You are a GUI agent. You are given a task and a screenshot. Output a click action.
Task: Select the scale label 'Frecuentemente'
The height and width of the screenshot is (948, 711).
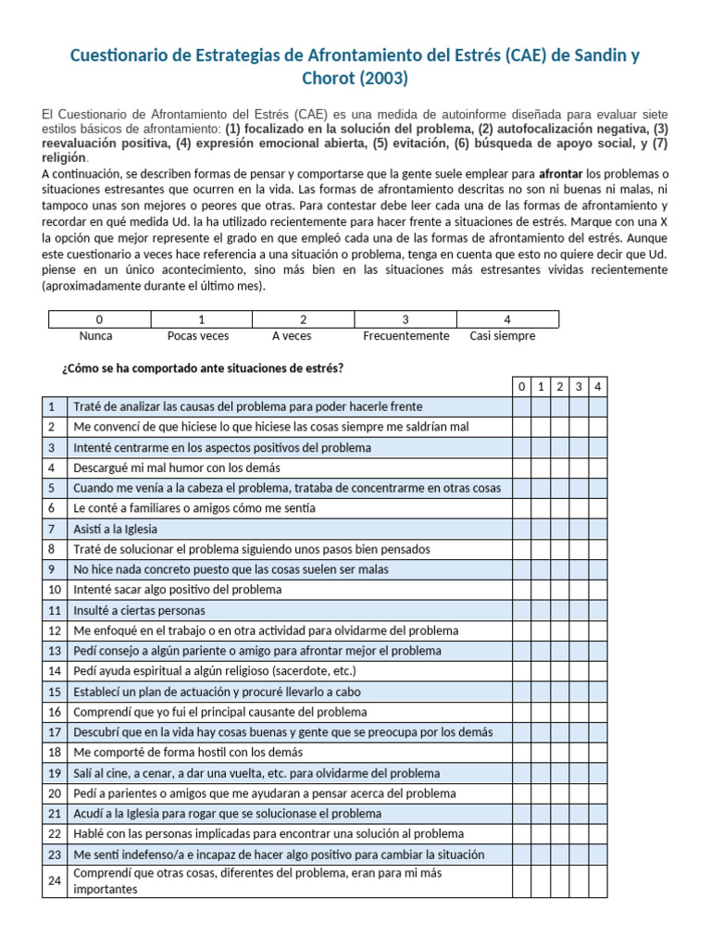(405, 336)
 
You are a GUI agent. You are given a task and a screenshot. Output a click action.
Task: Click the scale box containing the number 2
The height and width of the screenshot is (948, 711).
(304, 319)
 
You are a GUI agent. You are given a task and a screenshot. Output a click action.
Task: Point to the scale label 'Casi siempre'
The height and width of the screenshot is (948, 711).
(502, 336)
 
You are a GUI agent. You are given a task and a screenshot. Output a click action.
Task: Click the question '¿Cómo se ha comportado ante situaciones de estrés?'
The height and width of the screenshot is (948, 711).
(203, 368)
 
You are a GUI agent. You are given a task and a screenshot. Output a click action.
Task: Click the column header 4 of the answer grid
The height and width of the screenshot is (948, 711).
(598, 386)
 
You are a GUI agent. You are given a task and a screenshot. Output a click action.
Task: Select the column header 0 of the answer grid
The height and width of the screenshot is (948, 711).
(521, 386)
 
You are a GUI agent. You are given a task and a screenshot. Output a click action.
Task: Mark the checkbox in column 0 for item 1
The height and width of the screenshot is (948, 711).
(521, 406)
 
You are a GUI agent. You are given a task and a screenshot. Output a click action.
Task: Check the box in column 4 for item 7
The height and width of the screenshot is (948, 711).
(598, 529)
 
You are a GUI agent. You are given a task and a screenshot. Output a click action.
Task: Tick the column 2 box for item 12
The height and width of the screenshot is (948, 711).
(559, 630)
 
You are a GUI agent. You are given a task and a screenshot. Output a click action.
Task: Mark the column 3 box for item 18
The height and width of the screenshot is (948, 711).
(579, 753)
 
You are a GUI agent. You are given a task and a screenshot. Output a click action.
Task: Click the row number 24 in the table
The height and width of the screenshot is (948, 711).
(54, 881)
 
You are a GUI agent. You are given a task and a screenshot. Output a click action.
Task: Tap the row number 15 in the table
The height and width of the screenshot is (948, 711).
(54, 692)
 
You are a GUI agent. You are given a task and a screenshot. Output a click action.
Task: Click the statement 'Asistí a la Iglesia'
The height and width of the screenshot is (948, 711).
(116, 529)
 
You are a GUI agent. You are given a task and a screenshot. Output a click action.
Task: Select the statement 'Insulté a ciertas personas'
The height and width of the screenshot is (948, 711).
(139, 610)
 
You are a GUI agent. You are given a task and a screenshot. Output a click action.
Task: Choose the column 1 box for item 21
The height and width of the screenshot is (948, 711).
(541, 814)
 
